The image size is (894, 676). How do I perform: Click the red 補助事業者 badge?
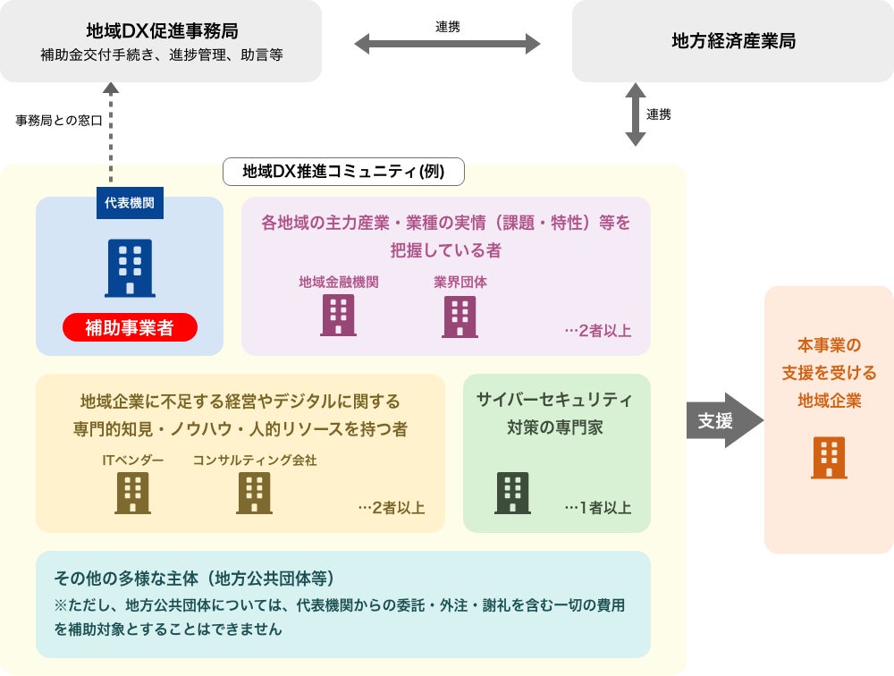(x=130, y=327)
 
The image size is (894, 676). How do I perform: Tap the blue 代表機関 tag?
(x=130, y=203)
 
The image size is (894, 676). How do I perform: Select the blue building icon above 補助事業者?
(x=130, y=267)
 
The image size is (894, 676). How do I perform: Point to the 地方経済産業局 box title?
(x=733, y=41)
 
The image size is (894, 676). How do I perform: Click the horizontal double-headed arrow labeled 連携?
(x=447, y=43)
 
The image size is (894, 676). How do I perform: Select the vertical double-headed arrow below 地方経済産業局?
(x=635, y=114)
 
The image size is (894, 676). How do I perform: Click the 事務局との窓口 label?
(x=59, y=120)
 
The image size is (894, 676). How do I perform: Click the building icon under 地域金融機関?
(x=338, y=316)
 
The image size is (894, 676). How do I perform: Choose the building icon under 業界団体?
(x=460, y=316)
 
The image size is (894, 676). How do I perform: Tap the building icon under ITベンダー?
(x=132, y=493)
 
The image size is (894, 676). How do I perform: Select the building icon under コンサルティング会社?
(x=254, y=493)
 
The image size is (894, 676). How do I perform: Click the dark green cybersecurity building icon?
(x=512, y=493)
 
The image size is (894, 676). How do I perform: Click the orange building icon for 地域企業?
(x=829, y=458)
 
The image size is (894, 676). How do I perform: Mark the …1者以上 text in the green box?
(x=597, y=508)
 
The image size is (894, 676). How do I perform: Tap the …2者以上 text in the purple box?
(x=597, y=331)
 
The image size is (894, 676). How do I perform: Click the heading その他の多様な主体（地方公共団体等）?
(x=194, y=579)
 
